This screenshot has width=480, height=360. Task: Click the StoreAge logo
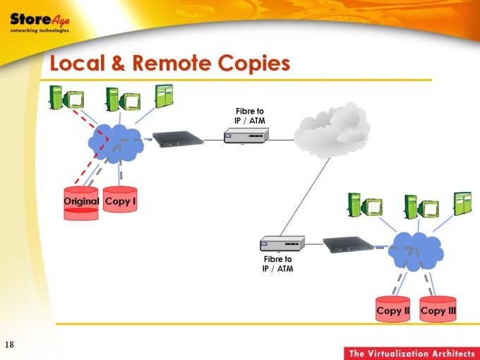(x=40, y=23)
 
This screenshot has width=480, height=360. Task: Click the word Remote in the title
(x=172, y=63)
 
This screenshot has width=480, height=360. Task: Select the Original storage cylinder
(x=81, y=203)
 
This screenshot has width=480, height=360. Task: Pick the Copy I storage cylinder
(x=120, y=199)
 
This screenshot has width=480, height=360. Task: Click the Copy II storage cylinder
(x=392, y=309)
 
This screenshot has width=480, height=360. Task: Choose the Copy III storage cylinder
(x=438, y=309)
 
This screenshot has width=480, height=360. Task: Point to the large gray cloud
(x=332, y=131)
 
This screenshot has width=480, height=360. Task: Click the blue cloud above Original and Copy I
(x=116, y=143)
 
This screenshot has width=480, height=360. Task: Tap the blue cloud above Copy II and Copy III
(x=416, y=251)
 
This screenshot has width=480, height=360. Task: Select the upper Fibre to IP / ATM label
(x=250, y=116)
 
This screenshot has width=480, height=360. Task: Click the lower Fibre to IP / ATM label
(x=277, y=264)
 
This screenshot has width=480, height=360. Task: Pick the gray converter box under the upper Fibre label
(x=246, y=136)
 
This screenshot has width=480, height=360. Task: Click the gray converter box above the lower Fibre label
(x=282, y=244)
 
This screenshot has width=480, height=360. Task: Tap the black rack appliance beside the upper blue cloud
(x=178, y=139)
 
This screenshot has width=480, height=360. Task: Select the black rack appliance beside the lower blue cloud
(x=349, y=244)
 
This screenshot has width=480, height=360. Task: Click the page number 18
(x=9, y=344)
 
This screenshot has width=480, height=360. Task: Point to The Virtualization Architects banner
(x=412, y=354)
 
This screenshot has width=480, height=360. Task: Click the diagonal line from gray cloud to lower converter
(x=305, y=197)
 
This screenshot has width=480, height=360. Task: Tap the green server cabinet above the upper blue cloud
(x=164, y=97)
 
